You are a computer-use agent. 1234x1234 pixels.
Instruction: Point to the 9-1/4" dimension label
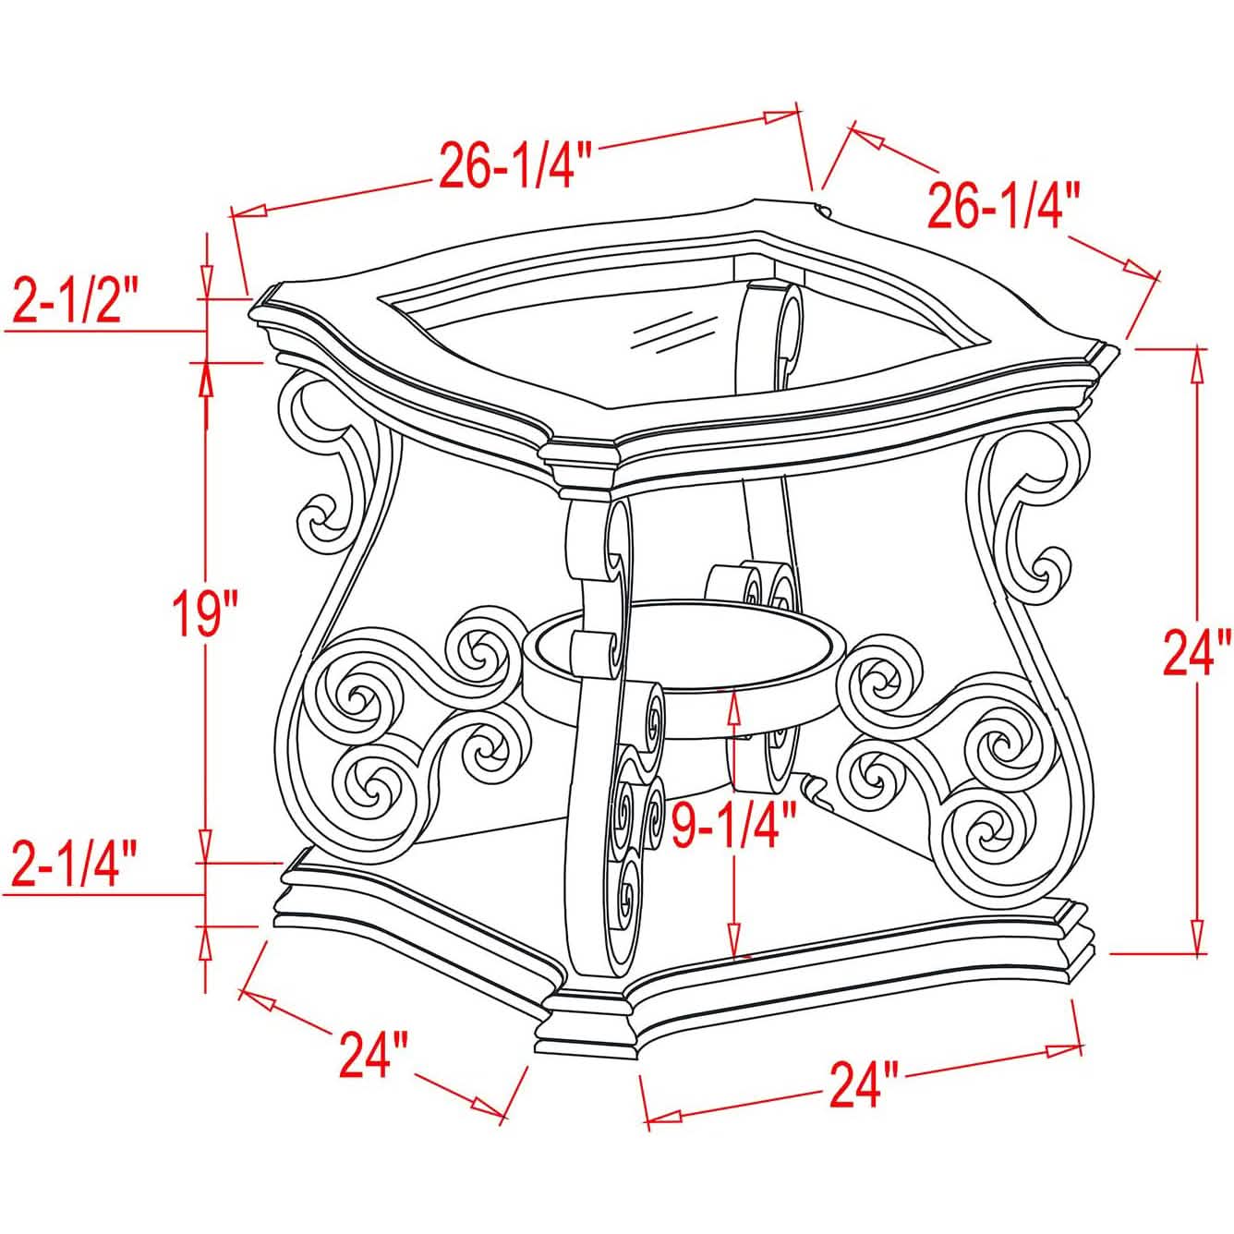[x=734, y=825]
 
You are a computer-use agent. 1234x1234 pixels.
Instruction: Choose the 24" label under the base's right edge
[x=863, y=1083]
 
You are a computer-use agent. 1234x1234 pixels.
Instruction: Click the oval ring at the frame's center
[x=684, y=647]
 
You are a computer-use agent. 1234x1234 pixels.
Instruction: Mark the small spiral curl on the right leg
[x=1046, y=573]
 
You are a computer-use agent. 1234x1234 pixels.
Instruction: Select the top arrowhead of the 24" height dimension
[x=1198, y=363]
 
